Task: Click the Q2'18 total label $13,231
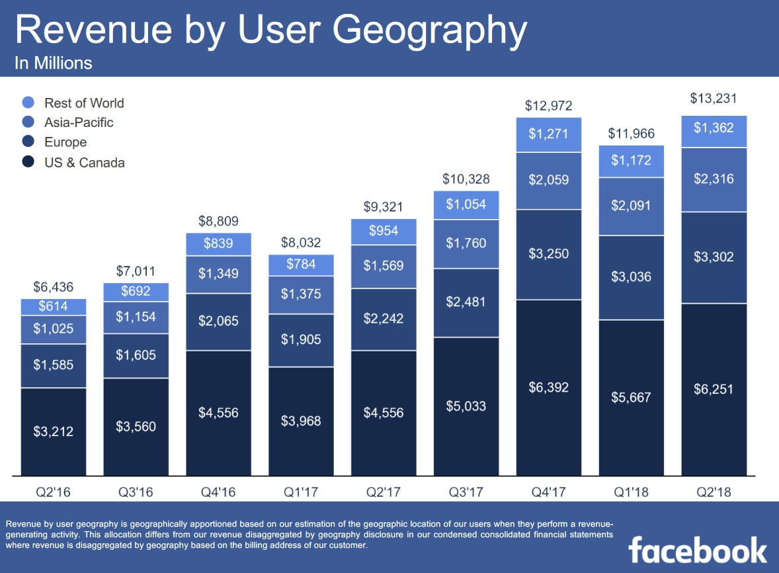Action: pos(714,99)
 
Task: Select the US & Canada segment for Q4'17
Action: pos(548,387)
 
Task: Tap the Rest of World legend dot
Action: pos(28,103)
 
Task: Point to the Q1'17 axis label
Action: pos(300,492)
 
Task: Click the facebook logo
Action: pos(698,551)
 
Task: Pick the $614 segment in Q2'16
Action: pos(53,306)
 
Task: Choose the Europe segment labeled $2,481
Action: pos(466,302)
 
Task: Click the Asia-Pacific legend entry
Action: pos(79,122)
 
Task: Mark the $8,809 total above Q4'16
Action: pos(218,222)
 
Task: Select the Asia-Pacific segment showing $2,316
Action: pos(714,179)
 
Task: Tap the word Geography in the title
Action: pos(430,30)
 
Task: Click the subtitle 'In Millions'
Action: pos(53,64)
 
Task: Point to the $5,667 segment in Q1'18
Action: pos(631,397)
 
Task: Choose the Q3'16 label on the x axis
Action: pos(135,492)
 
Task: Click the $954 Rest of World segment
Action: pos(383,232)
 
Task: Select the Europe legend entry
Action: pos(65,142)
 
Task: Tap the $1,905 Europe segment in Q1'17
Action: pos(300,340)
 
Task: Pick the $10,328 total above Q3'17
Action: pos(466,179)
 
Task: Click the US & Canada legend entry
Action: pos(84,162)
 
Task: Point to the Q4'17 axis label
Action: pos(548,492)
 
